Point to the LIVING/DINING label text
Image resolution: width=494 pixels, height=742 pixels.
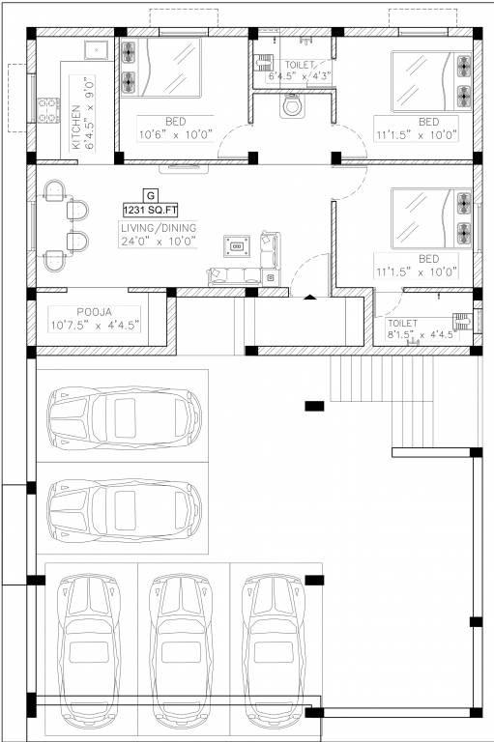(x=159, y=228)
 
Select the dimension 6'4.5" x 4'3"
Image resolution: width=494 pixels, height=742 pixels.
(x=300, y=75)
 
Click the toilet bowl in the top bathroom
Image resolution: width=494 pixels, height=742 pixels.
(x=292, y=105)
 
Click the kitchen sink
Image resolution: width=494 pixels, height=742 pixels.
(x=95, y=51)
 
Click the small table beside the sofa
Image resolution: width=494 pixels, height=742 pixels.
(x=235, y=246)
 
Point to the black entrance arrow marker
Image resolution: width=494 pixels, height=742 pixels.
(x=309, y=298)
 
